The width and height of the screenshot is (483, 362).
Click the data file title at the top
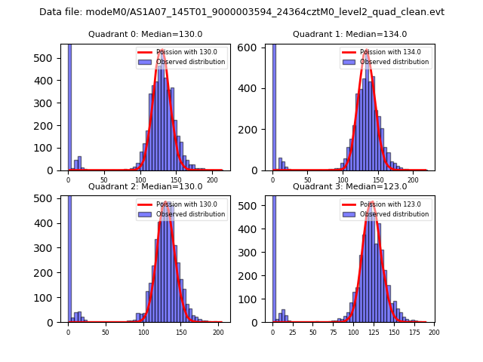tap(241, 12)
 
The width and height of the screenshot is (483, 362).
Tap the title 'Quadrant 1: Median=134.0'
tap(349, 34)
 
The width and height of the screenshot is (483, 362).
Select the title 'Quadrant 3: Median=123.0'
tap(349, 186)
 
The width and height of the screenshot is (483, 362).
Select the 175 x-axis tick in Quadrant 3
tap(414, 332)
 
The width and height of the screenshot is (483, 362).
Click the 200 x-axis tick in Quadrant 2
tap(218, 332)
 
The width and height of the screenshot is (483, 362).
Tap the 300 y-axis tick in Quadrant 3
tap(257, 251)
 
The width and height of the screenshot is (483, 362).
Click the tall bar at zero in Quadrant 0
tap(69, 106)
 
